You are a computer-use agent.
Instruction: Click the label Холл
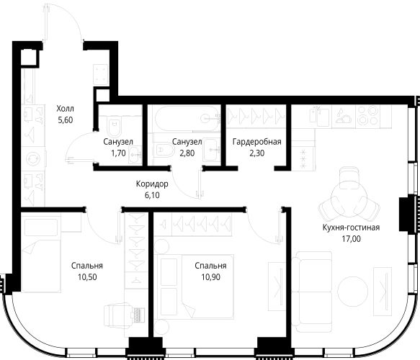pos(65,109)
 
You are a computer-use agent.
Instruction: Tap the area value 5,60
pos(66,120)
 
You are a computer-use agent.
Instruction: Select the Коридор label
pos(152,184)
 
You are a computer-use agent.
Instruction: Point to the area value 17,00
pos(351,238)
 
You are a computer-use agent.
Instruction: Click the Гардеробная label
pos(257,142)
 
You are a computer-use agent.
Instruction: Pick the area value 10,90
pos(211,277)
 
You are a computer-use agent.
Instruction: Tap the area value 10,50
pos(87,277)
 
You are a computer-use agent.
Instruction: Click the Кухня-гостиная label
pos(351,228)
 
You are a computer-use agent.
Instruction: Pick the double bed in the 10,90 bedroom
pos(197,287)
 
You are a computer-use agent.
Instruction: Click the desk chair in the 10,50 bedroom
pos(119,316)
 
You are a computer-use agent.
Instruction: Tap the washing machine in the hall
pos(33,158)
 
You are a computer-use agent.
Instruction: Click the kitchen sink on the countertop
pos(319,117)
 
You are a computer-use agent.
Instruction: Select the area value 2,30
pos(257,153)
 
